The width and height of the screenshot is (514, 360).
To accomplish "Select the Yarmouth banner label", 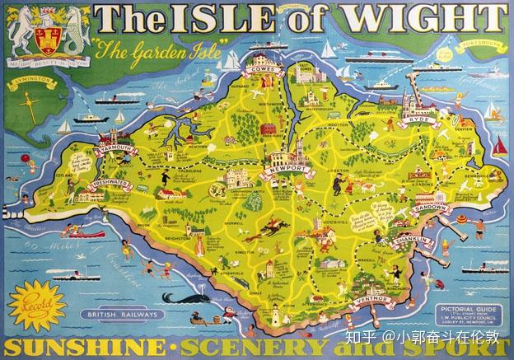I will point(91,148).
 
